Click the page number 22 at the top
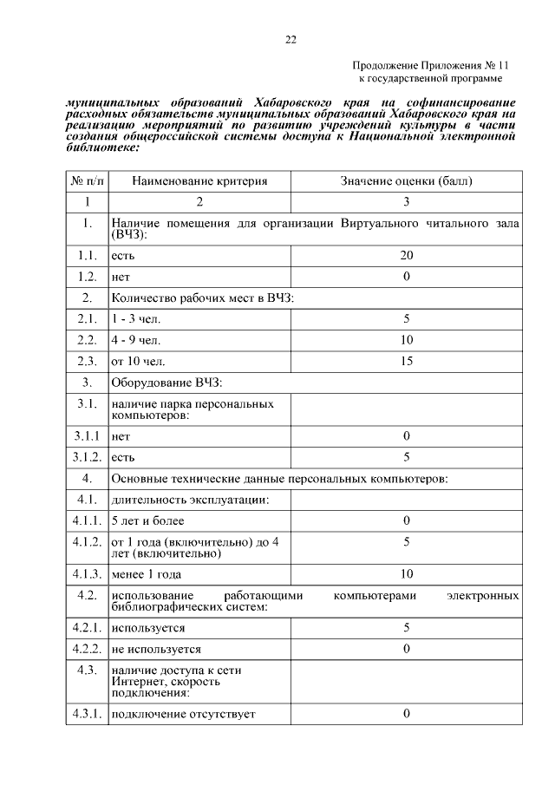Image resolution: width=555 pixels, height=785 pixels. (291, 39)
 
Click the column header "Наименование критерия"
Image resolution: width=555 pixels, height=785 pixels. (199, 181)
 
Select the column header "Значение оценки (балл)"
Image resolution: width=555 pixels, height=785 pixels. (407, 181)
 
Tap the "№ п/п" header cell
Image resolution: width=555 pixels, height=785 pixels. (87, 181)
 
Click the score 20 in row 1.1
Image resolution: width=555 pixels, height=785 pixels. (407, 256)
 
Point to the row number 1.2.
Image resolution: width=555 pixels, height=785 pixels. (87, 277)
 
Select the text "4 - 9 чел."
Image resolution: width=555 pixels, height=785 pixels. (136, 339)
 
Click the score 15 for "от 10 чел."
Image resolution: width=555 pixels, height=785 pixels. (407, 360)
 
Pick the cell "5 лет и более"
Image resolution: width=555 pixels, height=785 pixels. (147, 520)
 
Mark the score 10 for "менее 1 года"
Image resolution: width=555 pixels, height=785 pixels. (407, 573)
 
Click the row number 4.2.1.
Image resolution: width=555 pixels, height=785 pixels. (87, 627)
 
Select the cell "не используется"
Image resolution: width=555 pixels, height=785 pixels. (156, 649)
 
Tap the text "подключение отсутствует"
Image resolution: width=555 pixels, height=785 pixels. (185, 714)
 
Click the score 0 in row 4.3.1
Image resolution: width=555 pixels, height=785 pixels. (407, 713)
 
